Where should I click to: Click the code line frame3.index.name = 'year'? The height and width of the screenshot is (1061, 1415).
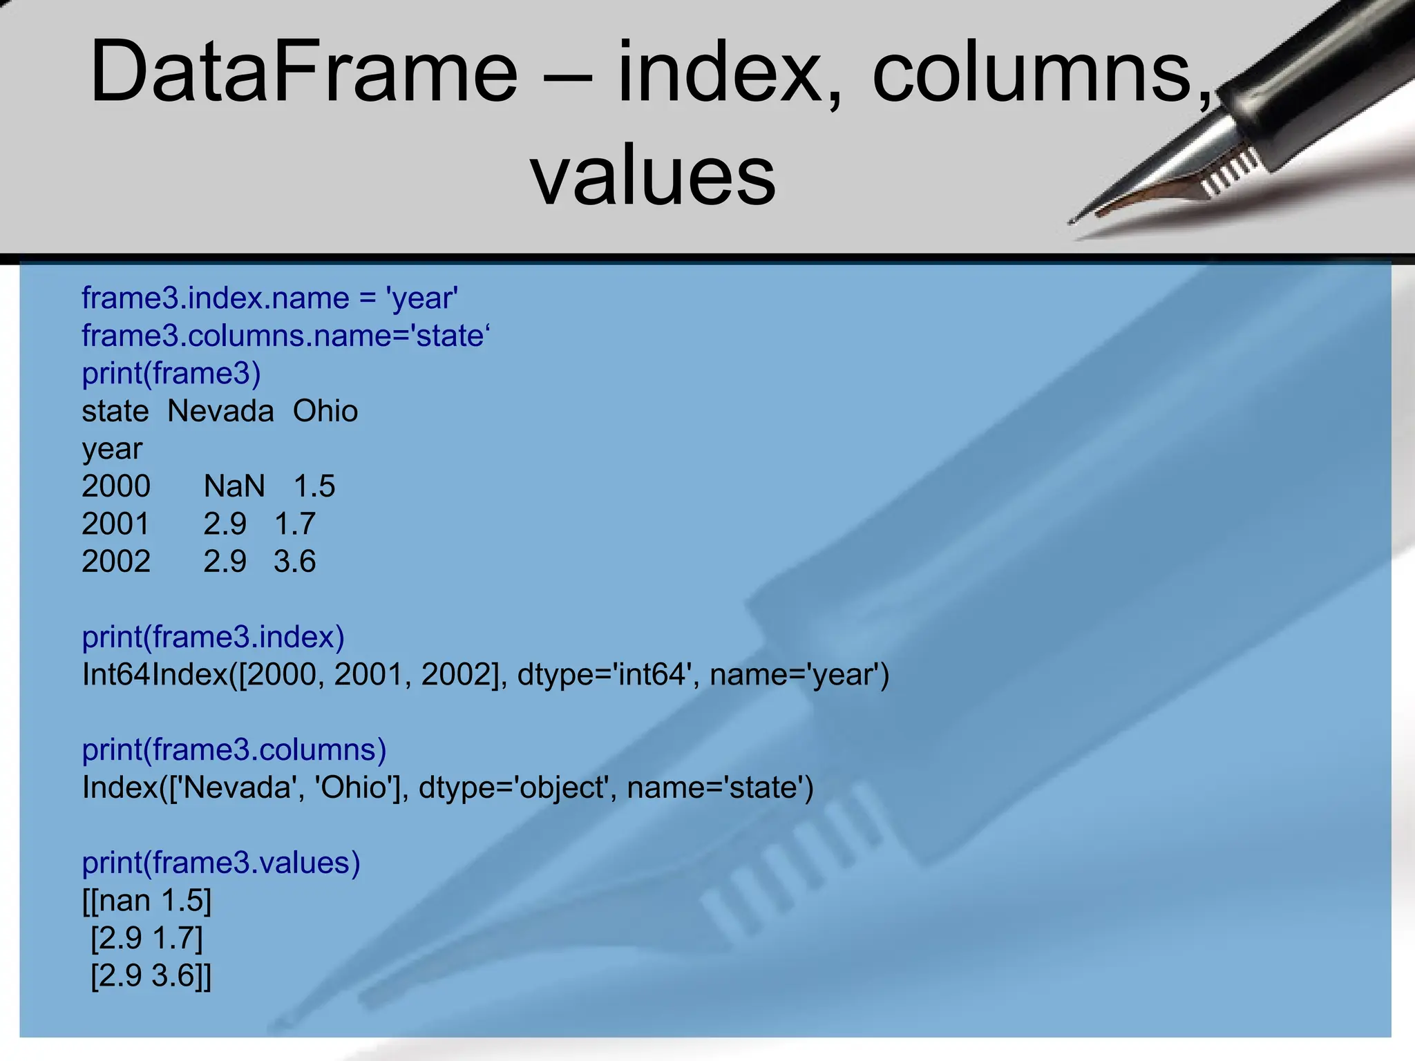[270, 298]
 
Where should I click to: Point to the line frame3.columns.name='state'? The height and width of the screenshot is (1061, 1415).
[285, 336]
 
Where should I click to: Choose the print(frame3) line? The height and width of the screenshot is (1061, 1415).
[171, 374]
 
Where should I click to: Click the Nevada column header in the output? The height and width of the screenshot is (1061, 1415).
[220, 412]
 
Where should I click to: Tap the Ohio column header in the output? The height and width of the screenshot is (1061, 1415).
[325, 412]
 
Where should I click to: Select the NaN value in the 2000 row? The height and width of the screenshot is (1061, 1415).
[234, 486]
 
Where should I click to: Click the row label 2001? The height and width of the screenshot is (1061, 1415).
[115, 524]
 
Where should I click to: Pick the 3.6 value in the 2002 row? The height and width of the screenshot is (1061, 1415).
[295, 562]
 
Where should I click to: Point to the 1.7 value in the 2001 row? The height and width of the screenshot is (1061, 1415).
[295, 524]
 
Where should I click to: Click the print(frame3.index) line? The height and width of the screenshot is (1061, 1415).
[213, 637]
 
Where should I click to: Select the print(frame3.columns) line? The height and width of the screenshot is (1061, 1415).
[234, 750]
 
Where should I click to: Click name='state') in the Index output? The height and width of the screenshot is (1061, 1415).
[721, 788]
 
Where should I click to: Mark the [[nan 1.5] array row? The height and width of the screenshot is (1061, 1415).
[147, 901]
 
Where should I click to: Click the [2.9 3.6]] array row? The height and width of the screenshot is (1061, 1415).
[151, 976]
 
